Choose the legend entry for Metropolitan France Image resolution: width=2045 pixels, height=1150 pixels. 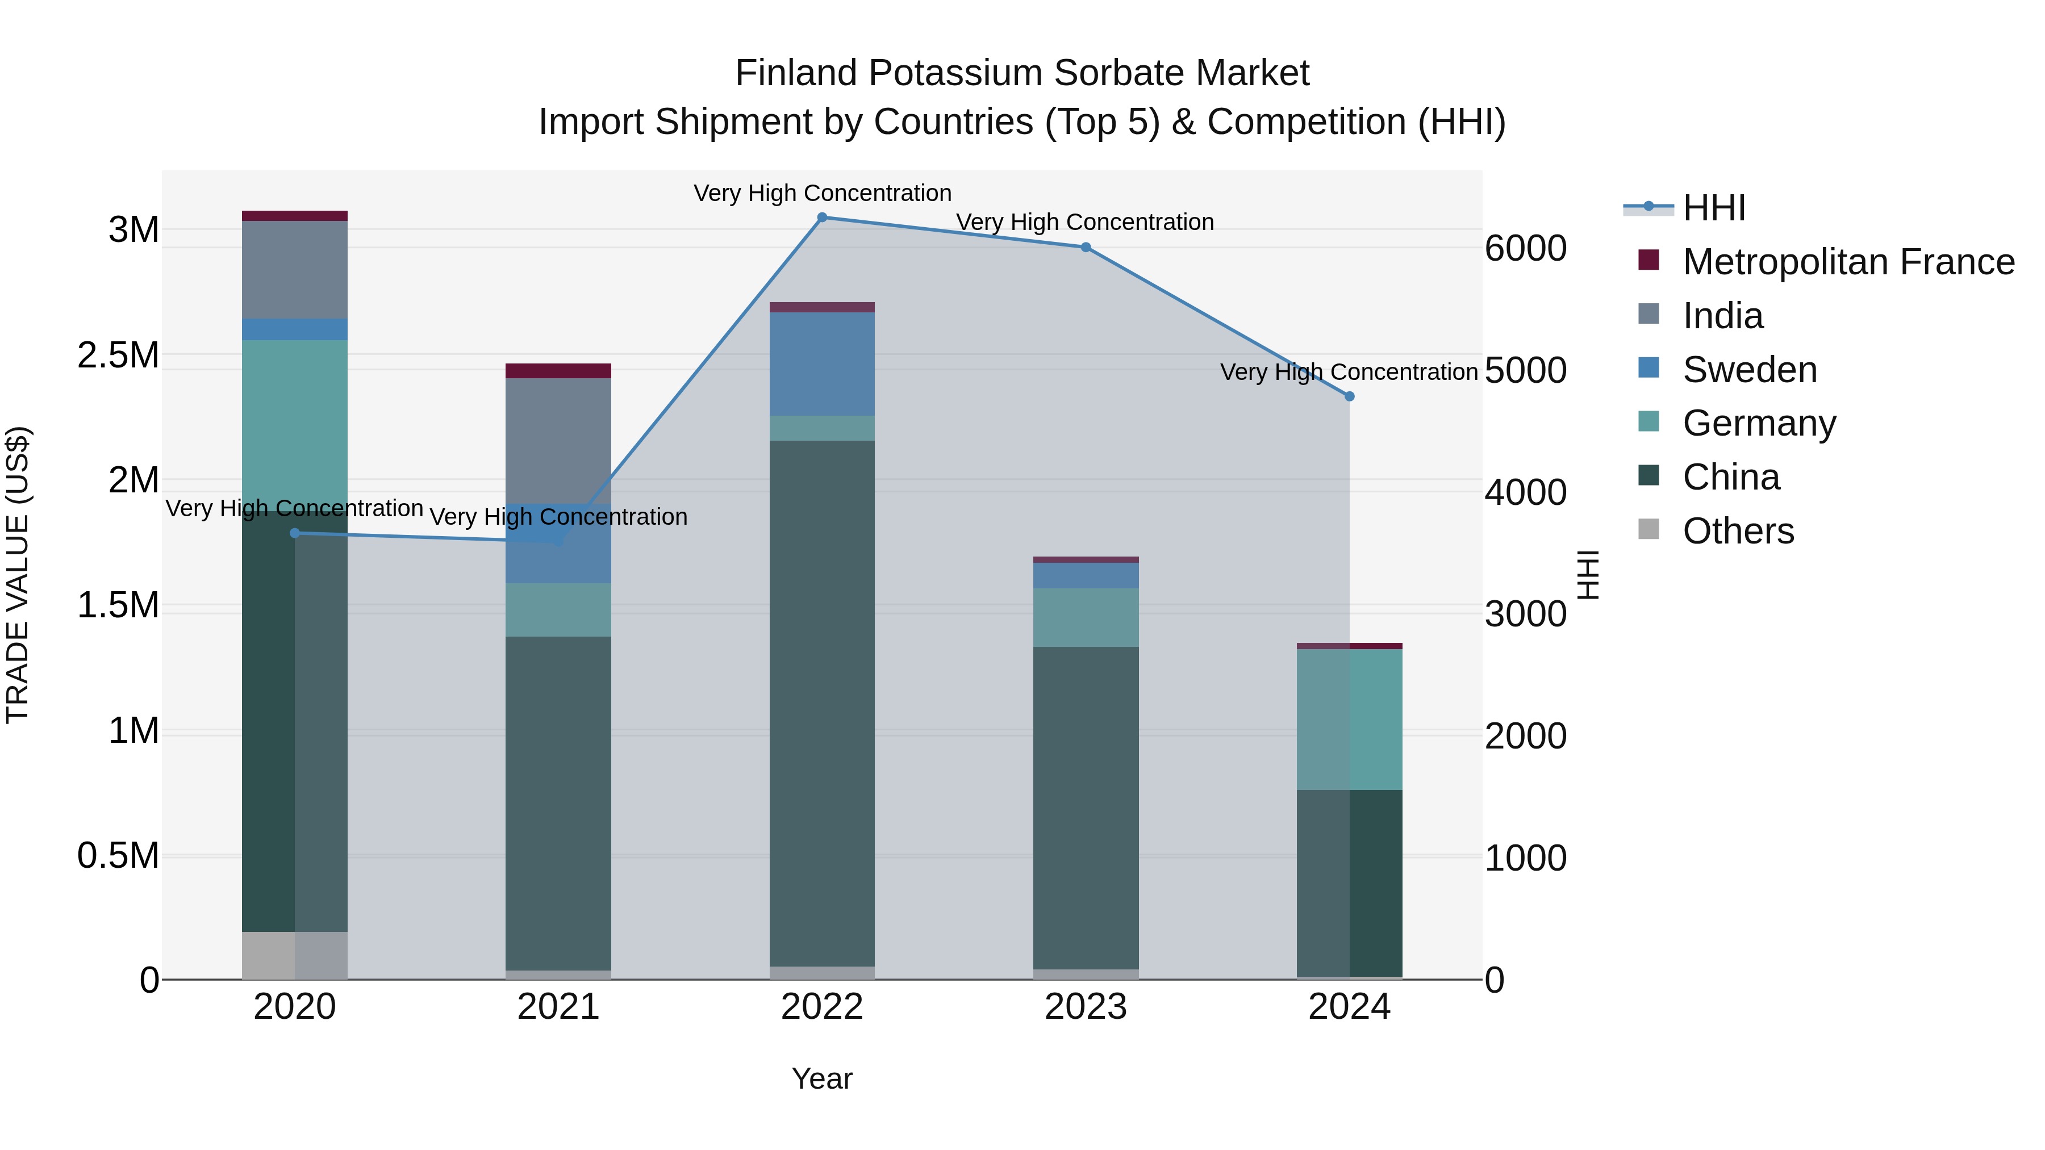pos(1848,262)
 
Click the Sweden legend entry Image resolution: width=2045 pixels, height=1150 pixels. pos(1749,370)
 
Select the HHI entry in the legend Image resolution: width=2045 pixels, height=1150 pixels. pos(1713,208)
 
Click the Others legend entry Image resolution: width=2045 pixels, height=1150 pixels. pos(1738,531)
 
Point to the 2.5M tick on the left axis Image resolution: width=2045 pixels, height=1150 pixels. pos(118,355)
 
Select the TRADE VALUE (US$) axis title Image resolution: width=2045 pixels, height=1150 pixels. pos(18,575)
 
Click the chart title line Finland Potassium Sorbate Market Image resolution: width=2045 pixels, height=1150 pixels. pos(1022,73)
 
